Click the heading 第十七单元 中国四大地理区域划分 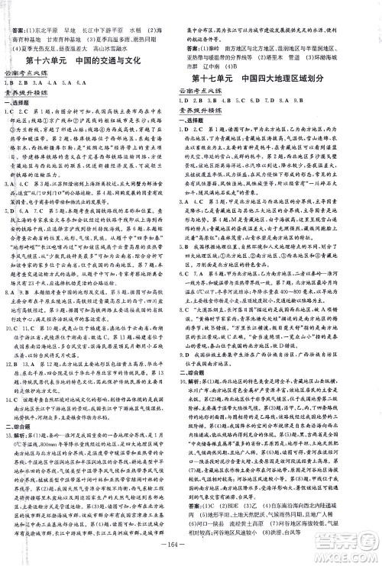point(283,79)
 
